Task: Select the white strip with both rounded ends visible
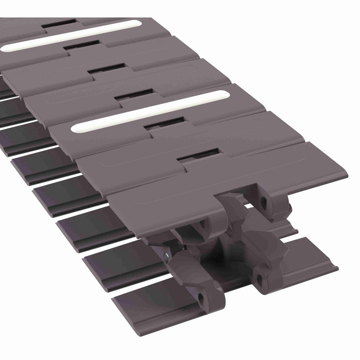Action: click(150, 111)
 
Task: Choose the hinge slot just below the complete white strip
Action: click(163, 124)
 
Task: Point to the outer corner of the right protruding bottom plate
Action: click(337, 267)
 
